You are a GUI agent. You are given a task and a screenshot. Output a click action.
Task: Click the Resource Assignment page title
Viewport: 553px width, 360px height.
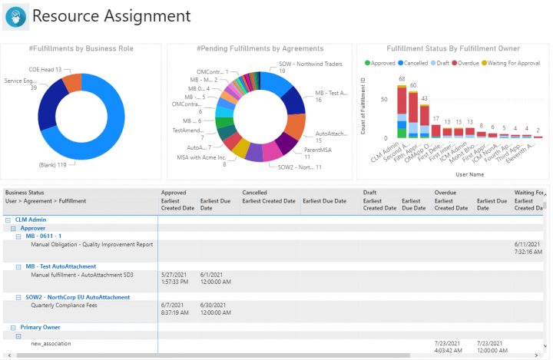[x=111, y=16]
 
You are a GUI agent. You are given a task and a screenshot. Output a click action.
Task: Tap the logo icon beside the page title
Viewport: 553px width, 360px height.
[x=15, y=17]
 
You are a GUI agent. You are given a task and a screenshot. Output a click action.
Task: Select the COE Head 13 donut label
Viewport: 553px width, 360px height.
[x=46, y=70]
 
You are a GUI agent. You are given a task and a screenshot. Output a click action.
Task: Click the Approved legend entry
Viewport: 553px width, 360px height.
[x=382, y=62]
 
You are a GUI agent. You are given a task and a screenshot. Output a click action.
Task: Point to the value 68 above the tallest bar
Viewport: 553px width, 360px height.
[x=401, y=78]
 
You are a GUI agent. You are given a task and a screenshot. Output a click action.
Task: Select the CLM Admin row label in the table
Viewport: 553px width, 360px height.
[x=31, y=220]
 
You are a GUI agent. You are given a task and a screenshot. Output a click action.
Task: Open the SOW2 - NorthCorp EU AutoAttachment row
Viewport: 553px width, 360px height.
[x=78, y=297]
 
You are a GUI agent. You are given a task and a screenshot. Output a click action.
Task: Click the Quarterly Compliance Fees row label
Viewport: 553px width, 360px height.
[x=64, y=305]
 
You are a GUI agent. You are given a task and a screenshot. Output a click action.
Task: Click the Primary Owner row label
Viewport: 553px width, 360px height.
[x=41, y=327]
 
